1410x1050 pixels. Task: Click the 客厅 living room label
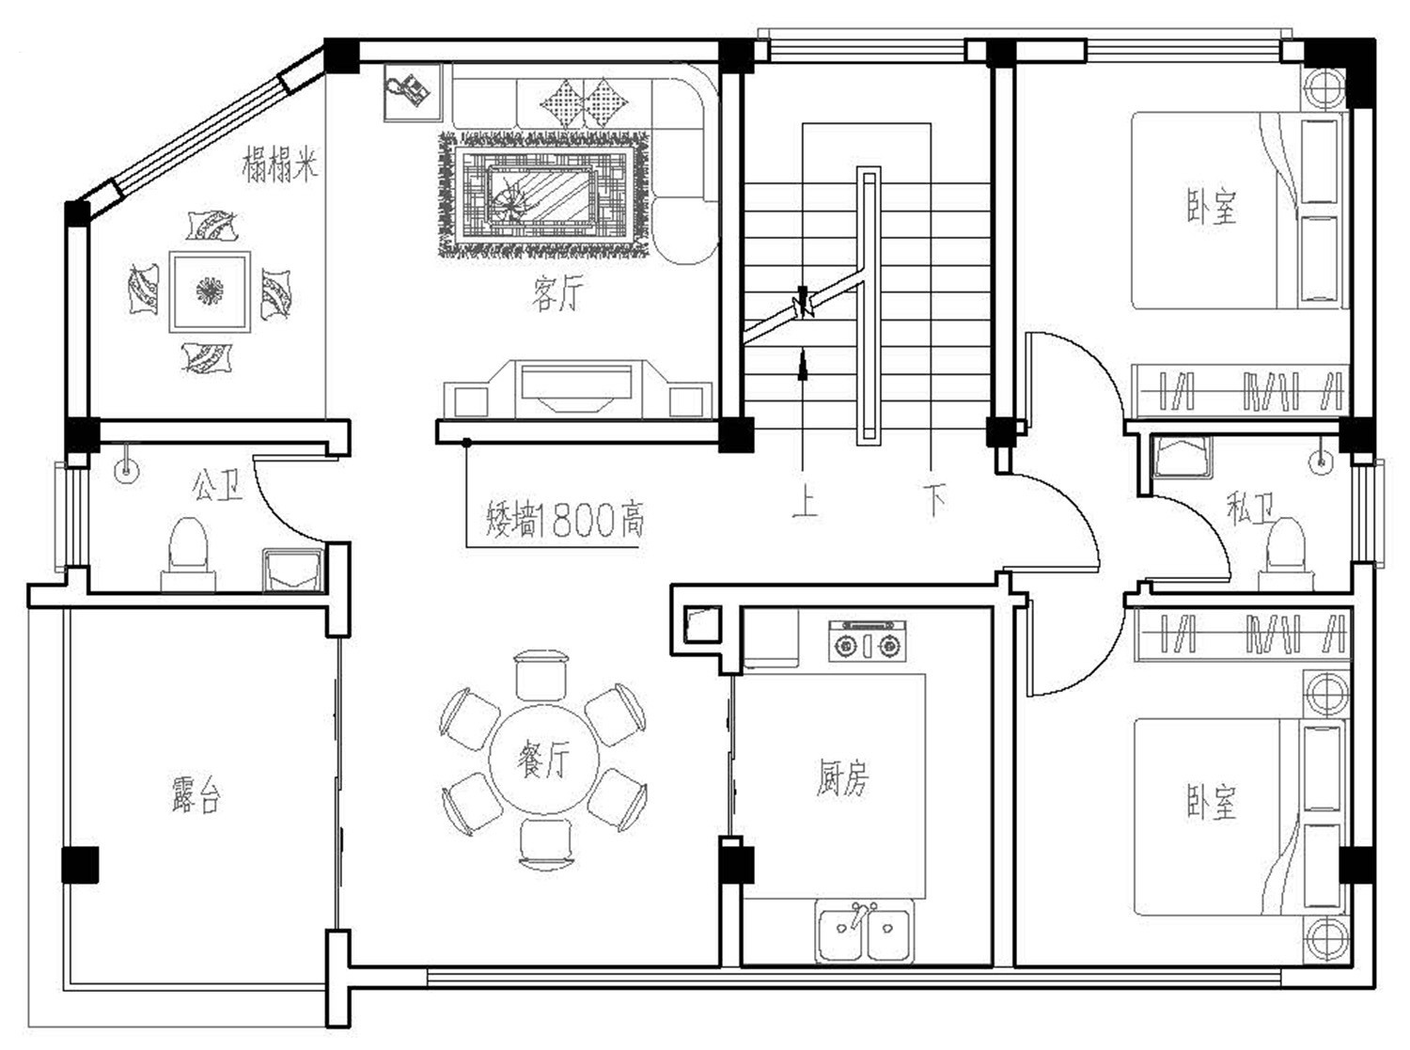(x=556, y=295)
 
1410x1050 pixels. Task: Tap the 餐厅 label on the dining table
(x=543, y=758)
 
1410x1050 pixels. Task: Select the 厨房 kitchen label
(x=842, y=777)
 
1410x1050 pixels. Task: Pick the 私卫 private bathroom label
(x=1251, y=509)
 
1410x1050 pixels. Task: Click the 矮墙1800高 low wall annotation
(x=565, y=519)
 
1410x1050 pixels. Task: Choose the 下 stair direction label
(x=932, y=500)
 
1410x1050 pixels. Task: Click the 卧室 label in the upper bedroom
(x=1211, y=207)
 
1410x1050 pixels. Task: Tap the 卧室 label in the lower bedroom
(x=1211, y=801)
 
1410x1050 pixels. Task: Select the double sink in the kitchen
(x=865, y=932)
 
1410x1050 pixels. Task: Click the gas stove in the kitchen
(x=866, y=642)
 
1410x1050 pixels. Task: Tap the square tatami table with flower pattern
(x=210, y=291)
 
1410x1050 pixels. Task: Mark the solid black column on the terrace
(x=80, y=865)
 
